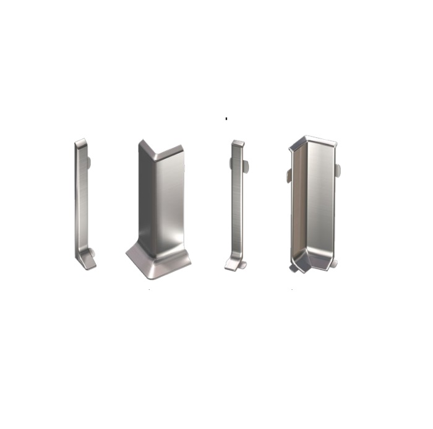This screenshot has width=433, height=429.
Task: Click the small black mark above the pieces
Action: pos(226,117)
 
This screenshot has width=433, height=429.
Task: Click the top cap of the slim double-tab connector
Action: pos(238,144)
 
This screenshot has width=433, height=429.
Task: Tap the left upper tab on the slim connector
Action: pos(231,163)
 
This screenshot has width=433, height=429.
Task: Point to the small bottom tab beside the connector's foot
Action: pos(243,265)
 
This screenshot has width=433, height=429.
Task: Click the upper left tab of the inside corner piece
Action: pos(288,176)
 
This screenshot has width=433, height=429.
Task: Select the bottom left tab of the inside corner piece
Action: pos(293,268)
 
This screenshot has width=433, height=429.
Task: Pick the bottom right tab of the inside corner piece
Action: pos(334,263)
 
